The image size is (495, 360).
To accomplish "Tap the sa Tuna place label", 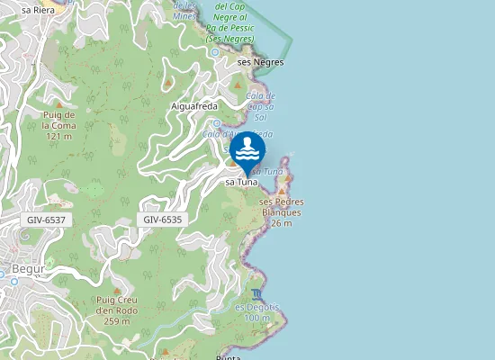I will tap(240, 182).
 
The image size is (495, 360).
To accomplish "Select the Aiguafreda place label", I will tap(194, 105).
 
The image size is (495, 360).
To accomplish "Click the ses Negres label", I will tap(260, 62).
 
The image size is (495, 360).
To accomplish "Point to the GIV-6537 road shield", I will tap(46, 220).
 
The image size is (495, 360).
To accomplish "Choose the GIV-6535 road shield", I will tap(162, 220).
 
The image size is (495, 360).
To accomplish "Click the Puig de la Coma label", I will tap(58, 120).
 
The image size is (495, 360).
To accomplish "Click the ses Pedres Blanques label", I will tap(280, 207).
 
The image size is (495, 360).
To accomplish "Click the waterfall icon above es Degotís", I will tap(259, 294).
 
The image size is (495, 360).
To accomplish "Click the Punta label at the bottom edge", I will tap(229, 356).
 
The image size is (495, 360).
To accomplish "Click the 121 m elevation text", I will tap(58, 136).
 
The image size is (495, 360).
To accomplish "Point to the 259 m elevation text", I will tap(117, 321).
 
